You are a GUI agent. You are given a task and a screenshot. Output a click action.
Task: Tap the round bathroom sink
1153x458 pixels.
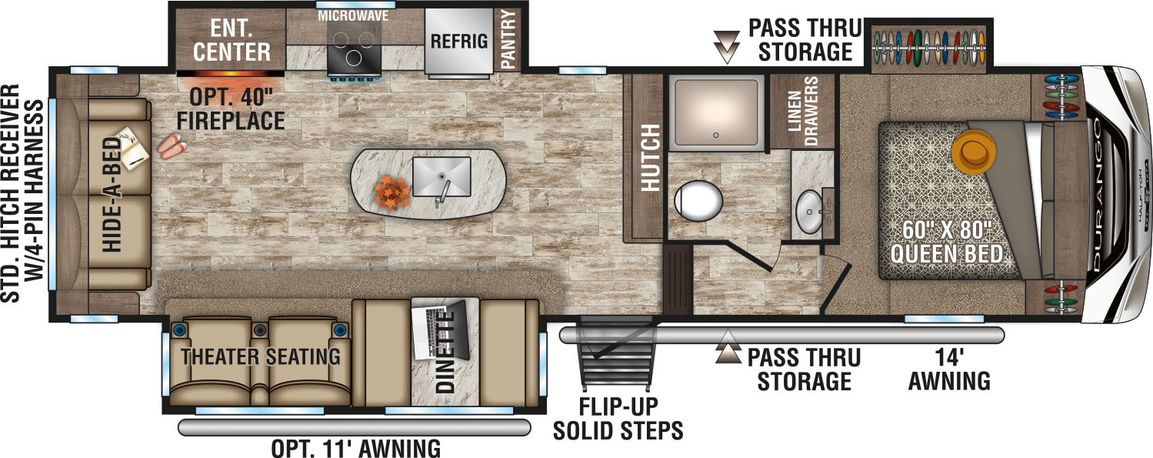[x=808, y=211]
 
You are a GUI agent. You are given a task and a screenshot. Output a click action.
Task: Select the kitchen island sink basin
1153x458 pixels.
[x=441, y=176]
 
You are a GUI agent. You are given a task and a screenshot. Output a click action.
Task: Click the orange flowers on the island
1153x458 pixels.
[x=392, y=189]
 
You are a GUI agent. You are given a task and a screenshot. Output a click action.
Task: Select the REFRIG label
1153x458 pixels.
[x=459, y=41]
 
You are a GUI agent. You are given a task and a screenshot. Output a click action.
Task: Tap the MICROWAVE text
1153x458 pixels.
[x=353, y=15]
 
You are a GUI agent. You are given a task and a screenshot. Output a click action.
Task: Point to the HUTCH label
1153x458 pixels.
[x=651, y=158]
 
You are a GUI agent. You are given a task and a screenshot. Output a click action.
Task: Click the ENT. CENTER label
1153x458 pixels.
[x=232, y=42]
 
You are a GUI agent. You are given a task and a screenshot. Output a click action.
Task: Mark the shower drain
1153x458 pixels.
[x=715, y=134]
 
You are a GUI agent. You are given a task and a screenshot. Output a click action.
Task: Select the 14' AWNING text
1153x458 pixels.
[x=948, y=369]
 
